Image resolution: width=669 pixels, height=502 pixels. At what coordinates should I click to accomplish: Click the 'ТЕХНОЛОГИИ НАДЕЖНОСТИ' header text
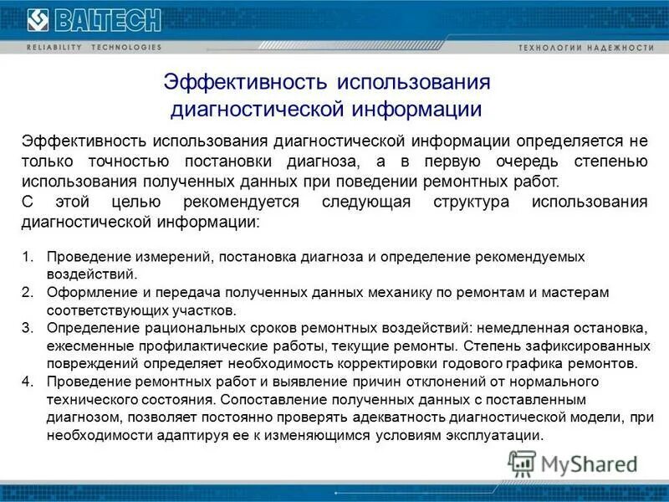[586, 48]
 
